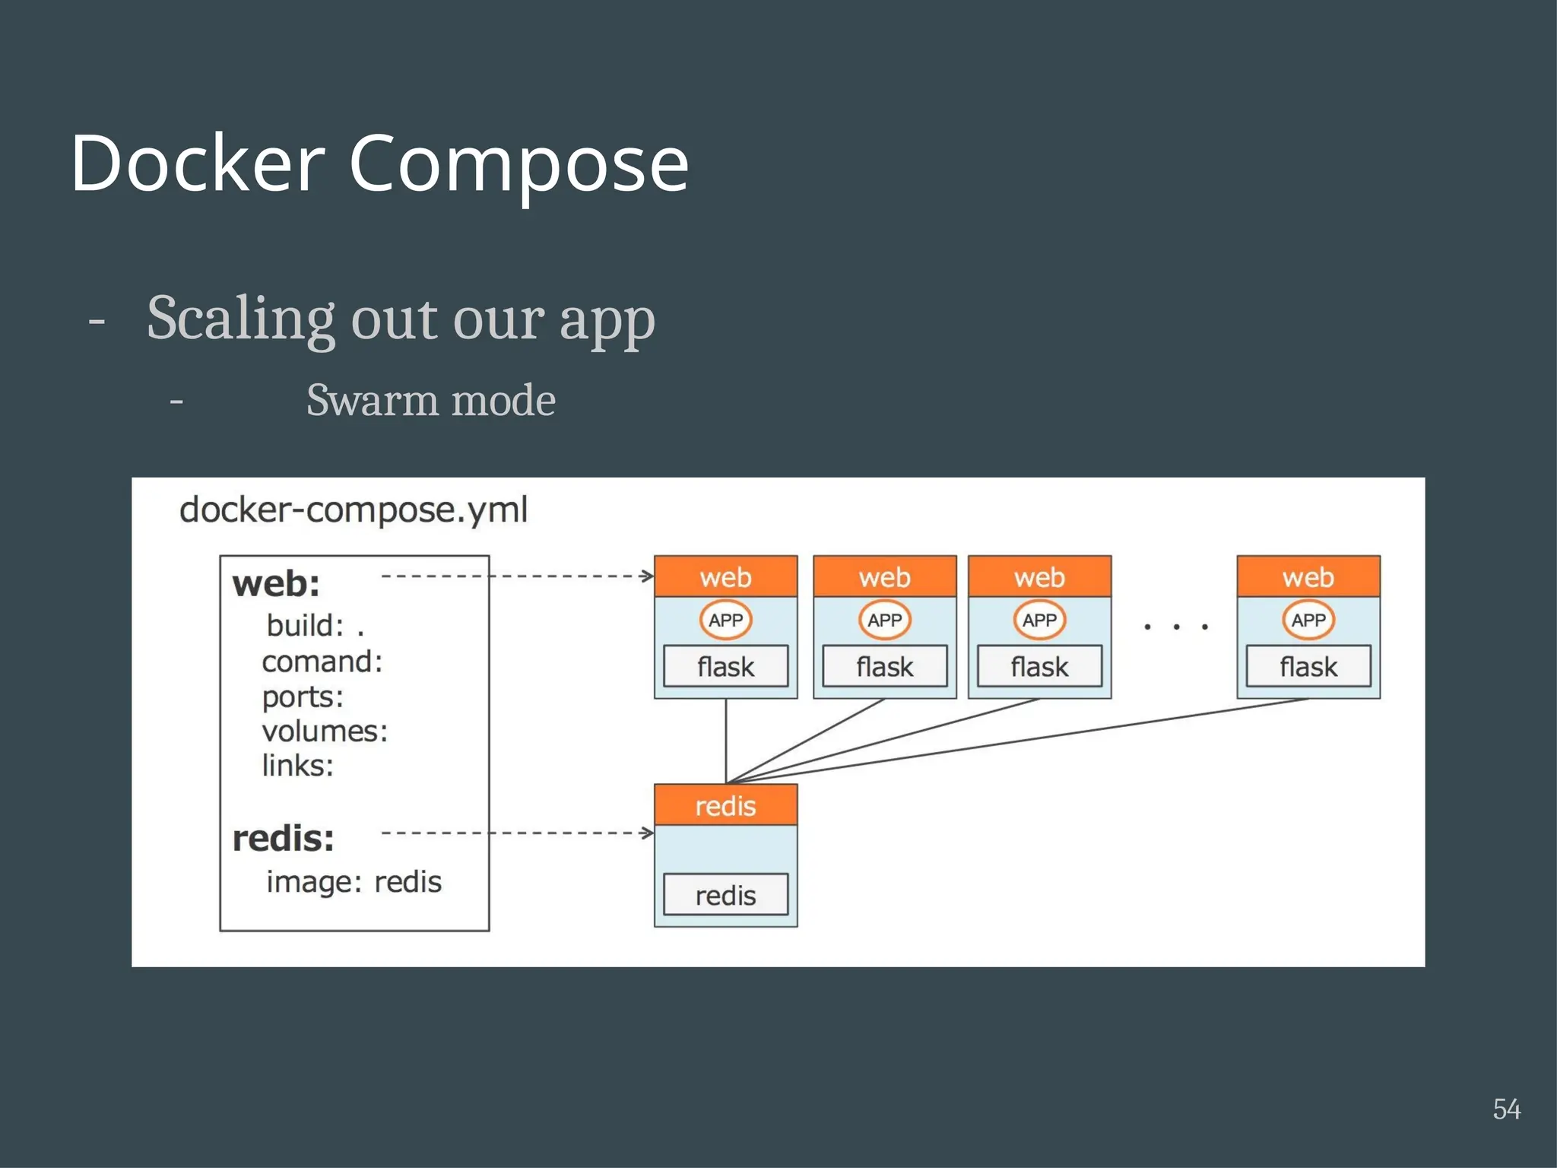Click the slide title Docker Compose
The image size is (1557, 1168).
[379, 163]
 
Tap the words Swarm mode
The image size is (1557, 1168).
[430, 400]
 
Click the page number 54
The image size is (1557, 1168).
[1506, 1109]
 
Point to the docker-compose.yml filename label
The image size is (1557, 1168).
[353, 509]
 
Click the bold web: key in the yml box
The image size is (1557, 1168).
[276, 584]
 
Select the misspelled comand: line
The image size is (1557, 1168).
[322, 662]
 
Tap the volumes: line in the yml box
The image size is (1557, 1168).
[325, 731]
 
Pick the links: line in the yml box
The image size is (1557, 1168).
[297, 765]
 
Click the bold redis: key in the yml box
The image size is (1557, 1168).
[283, 839]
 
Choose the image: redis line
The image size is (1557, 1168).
[354, 882]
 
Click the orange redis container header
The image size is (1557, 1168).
[725, 805]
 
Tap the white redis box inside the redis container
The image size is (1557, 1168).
[725, 895]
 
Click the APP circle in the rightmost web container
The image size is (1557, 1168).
[1308, 620]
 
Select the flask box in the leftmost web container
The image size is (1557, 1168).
[725, 667]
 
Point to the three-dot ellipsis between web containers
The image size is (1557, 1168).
[1175, 627]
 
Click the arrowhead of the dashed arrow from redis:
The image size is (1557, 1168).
[648, 833]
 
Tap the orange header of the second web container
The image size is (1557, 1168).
[884, 577]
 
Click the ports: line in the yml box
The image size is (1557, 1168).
[303, 697]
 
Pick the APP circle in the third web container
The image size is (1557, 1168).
[1039, 620]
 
